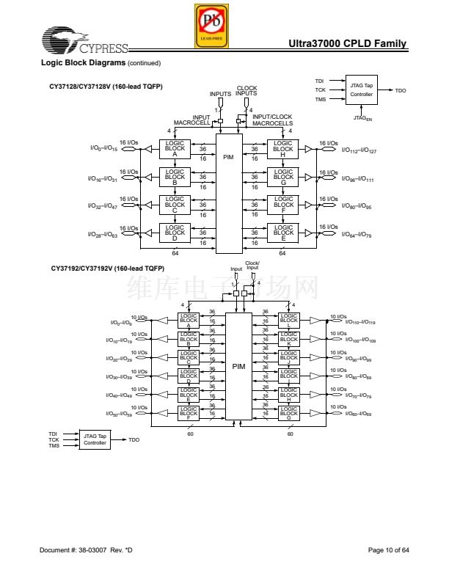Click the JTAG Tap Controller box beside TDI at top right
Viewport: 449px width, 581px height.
361,90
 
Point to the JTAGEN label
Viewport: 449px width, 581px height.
362,117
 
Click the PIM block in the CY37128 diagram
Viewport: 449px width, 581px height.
228,156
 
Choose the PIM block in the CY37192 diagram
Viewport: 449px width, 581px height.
238,365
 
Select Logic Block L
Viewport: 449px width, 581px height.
288,320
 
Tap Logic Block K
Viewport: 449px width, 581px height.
288,339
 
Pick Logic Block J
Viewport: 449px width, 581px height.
288,358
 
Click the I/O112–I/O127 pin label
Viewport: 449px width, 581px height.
359,150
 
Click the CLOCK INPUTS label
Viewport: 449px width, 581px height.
247,91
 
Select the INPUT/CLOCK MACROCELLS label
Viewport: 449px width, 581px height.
272,120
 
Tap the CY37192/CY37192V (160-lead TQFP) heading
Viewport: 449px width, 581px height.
107,268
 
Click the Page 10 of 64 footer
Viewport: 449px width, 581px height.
388,550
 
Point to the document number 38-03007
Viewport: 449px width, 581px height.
87,550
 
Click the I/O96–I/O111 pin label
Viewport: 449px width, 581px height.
358,179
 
